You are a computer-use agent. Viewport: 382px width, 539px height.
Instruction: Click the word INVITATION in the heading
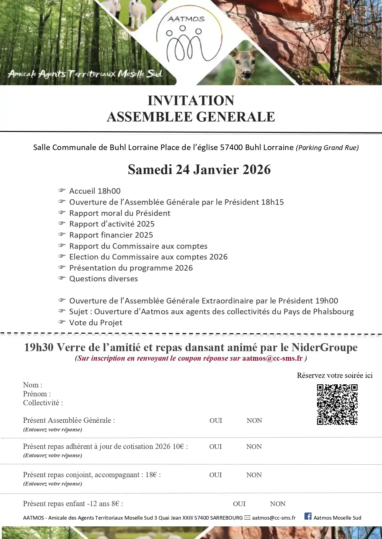[x=191, y=101]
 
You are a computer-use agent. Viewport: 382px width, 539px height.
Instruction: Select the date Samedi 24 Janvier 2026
[x=199, y=169]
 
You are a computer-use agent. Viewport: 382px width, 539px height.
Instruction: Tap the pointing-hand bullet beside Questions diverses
[x=62, y=278]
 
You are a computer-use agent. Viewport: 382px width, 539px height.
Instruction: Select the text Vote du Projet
[x=95, y=323]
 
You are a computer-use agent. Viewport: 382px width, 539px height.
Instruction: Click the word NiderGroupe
[x=324, y=347]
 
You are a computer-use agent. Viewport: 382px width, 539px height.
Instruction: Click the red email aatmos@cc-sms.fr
[x=272, y=358]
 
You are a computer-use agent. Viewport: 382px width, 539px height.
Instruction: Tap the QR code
[x=337, y=404]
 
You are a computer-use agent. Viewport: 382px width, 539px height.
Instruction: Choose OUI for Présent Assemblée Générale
[x=216, y=421]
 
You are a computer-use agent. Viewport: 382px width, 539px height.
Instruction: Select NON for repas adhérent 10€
[x=254, y=447]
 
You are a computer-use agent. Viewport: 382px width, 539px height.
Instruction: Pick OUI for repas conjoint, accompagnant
[x=215, y=475]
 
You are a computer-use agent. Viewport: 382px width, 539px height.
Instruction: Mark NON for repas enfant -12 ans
[x=278, y=504]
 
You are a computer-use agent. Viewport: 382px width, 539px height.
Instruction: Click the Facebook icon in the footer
[x=308, y=516]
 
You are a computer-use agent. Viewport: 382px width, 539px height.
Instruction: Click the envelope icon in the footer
[x=247, y=518]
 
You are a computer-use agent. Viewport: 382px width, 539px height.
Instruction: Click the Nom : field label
[x=33, y=385]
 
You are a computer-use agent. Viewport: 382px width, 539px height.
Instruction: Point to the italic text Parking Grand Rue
[x=327, y=148]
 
